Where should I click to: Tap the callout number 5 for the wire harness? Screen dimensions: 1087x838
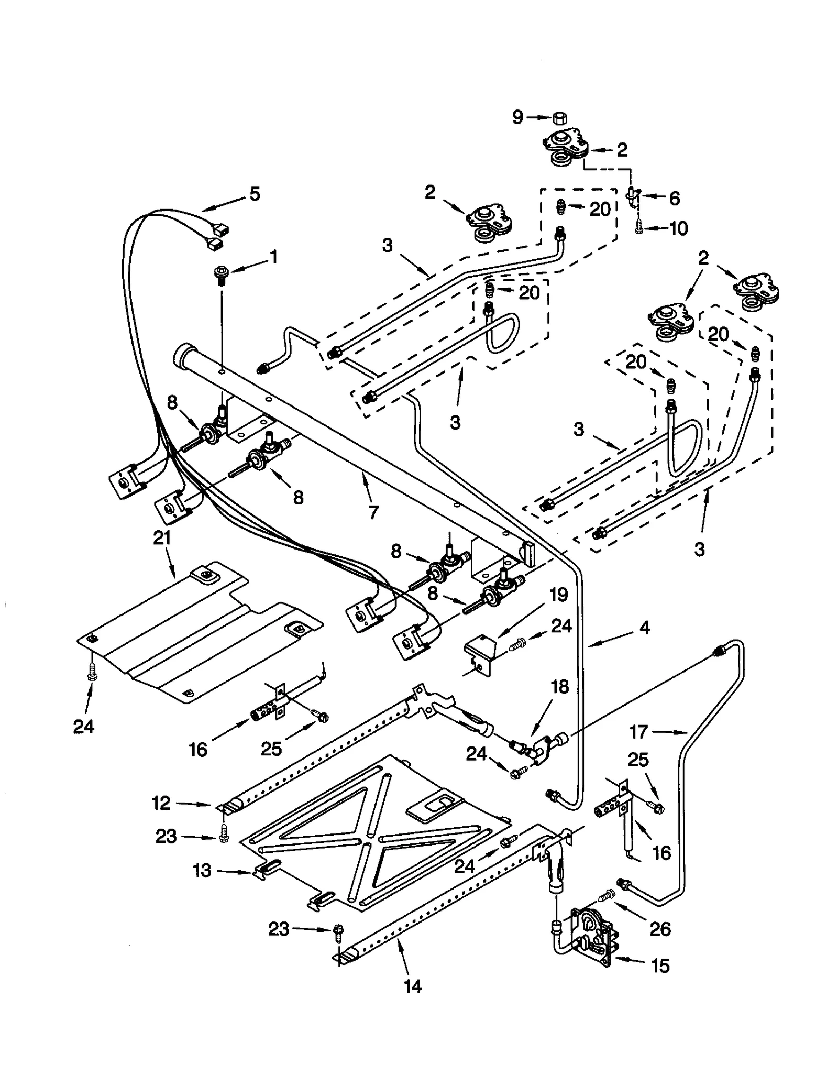(x=255, y=194)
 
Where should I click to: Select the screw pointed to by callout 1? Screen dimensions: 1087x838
(x=220, y=274)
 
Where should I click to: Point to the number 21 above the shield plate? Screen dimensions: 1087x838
(x=162, y=538)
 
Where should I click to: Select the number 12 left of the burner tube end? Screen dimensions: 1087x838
(x=161, y=803)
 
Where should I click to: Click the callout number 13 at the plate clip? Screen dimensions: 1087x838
(x=202, y=871)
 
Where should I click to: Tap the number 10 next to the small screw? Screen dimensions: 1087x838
(x=679, y=228)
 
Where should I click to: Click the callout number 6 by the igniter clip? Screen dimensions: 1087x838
(x=674, y=199)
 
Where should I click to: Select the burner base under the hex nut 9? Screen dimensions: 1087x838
(x=565, y=148)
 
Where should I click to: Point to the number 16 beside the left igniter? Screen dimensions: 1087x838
(x=198, y=750)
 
